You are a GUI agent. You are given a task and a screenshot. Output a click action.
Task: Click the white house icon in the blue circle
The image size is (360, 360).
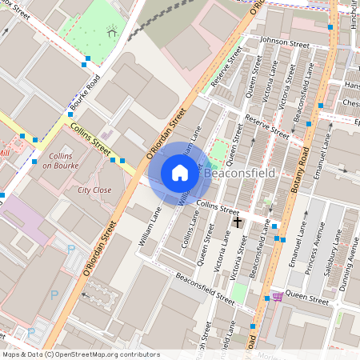(x=180, y=173)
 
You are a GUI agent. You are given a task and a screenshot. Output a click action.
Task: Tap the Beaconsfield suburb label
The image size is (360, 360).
(x=239, y=173)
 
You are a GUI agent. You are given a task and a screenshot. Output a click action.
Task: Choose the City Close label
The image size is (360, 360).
(x=94, y=190)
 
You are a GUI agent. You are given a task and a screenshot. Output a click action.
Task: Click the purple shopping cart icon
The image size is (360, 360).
(x=278, y=296)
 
